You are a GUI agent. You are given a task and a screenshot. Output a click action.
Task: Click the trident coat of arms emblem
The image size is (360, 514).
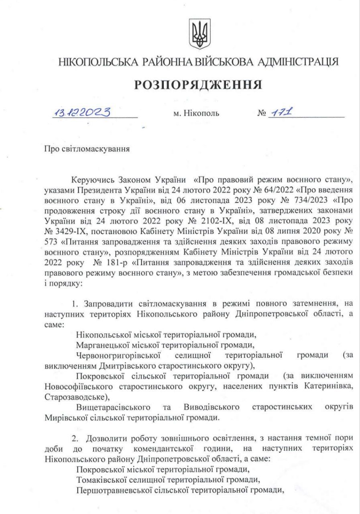(199, 35)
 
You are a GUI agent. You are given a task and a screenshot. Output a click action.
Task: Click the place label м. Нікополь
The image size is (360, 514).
(196, 114)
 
